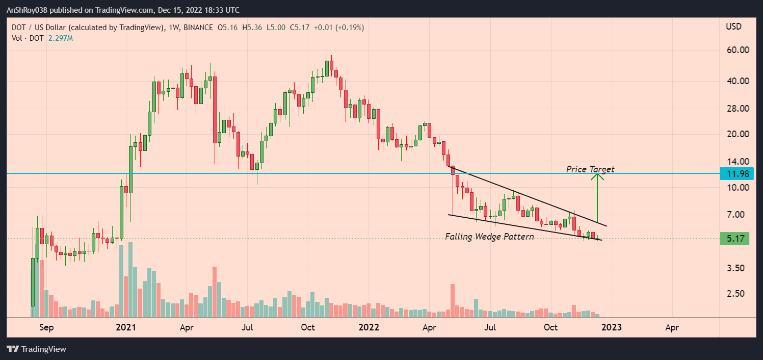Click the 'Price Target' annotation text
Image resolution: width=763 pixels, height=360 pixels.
tap(590, 169)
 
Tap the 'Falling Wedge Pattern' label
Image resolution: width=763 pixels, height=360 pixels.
tap(489, 237)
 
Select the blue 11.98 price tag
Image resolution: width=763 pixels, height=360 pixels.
tap(738, 174)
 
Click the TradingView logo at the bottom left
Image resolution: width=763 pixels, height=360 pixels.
tap(36, 349)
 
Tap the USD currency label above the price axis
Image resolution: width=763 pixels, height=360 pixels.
tap(734, 27)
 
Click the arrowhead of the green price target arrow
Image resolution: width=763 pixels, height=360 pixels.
tap(597, 176)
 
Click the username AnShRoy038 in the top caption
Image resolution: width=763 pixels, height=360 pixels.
tap(29, 10)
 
